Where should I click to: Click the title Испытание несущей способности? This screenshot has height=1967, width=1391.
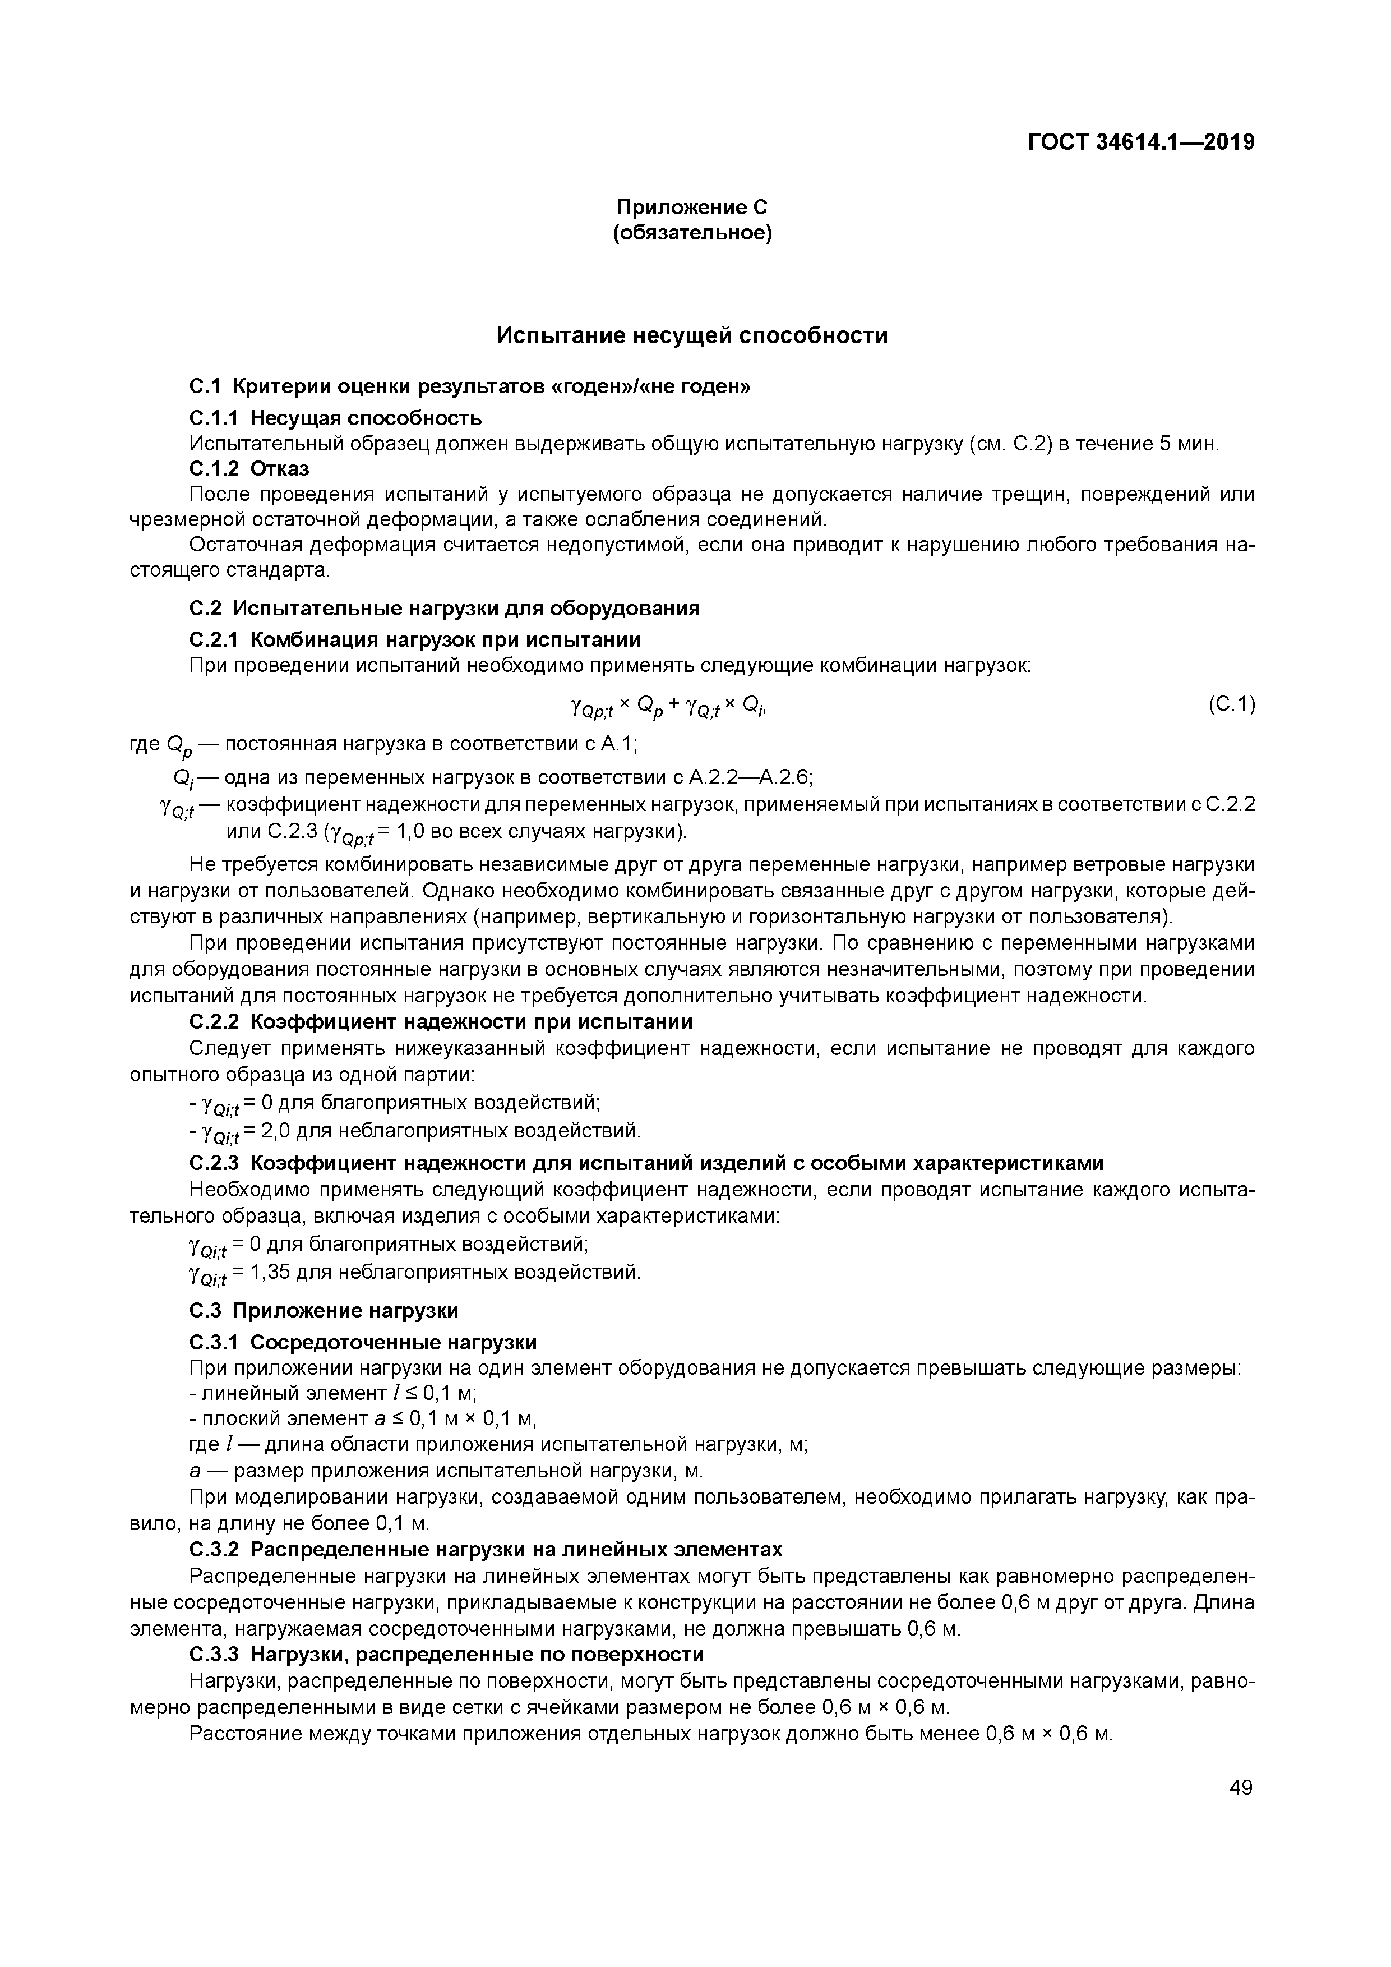(x=692, y=336)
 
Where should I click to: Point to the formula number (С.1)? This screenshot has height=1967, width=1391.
(x=1231, y=704)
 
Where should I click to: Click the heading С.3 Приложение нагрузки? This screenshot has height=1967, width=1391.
(x=324, y=1311)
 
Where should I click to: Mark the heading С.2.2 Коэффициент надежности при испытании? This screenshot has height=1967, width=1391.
(x=440, y=1022)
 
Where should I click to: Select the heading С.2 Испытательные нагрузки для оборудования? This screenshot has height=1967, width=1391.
(x=443, y=608)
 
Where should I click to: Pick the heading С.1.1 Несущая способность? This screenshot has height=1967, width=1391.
(x=335, y=418)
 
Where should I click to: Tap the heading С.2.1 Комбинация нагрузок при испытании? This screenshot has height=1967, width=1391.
(x=414, y=640)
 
